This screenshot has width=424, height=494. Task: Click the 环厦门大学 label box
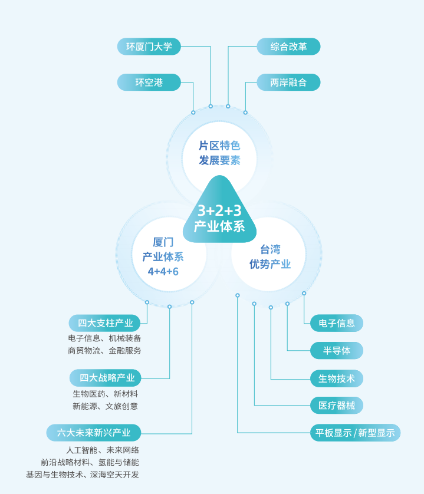[149, 47]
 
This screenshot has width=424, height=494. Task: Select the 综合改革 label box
[288, 47]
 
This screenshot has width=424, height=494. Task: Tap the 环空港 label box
[149, 83]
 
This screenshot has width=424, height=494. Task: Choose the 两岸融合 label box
[288, 83]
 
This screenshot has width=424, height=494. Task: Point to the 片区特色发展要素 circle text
[219, 153]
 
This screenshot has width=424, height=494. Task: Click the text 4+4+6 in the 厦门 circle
[163, 271]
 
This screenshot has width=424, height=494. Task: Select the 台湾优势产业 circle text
[269, 257]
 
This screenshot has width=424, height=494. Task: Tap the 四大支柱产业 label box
[105, 323]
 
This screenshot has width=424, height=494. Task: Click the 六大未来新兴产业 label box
[94, 433]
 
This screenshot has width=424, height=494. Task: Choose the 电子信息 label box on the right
[337, 323]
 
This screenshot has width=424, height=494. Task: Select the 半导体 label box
[337, 350]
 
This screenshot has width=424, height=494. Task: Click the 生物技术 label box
[337, 378]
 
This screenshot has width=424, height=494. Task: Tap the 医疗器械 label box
[337, 406]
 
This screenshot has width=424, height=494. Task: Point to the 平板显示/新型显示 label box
[355, 433]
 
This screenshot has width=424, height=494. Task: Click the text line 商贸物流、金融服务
[104, 351]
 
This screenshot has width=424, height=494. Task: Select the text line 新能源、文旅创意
[105, 406]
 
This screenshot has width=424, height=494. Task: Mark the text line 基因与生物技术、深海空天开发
[83, 475]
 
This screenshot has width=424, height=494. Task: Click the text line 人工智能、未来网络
[98, 450]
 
